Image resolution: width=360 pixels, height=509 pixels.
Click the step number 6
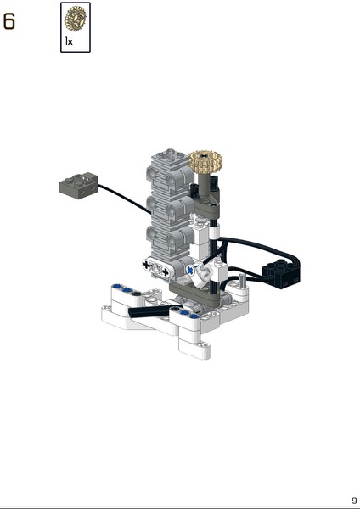tap(8, 21)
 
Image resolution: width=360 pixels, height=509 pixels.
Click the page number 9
tap(354, 501)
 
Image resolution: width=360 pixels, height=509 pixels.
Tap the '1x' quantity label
tap(69, 42)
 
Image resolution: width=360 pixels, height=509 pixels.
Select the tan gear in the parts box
tap(76, 19)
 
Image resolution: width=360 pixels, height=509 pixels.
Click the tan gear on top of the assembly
tap(206, 163)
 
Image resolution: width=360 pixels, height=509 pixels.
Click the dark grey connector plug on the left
tap(79, 185)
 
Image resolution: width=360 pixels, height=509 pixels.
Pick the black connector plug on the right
tap(281, 273)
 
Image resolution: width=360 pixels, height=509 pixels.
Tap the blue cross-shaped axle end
tap(189, 270)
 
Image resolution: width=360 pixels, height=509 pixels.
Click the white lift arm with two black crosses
tap(156, 268)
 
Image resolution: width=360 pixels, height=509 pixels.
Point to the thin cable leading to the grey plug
tap(125, 199)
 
